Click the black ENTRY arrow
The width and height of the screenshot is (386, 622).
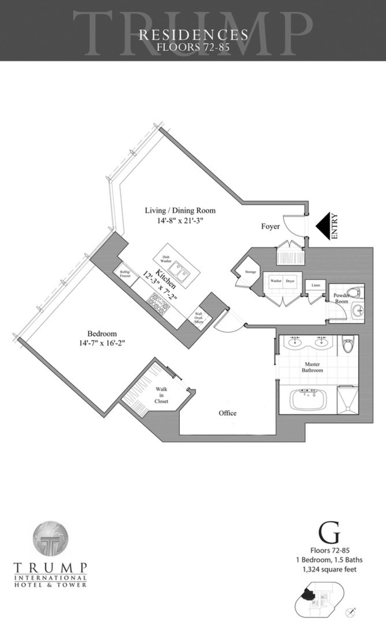[323, 226]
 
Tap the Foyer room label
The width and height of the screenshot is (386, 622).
[270, 227]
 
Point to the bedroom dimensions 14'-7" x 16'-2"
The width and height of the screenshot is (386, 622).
[102, 344]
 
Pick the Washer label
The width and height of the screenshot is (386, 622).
[273, 282]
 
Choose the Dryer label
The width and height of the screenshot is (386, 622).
[290, 282]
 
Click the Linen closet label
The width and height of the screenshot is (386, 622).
[315, 285]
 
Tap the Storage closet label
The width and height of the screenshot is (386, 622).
[250, 271]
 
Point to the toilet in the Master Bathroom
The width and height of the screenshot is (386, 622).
[347, 346]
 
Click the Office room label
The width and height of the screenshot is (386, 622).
[227, 413]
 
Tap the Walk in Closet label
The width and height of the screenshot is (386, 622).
[162, 395]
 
